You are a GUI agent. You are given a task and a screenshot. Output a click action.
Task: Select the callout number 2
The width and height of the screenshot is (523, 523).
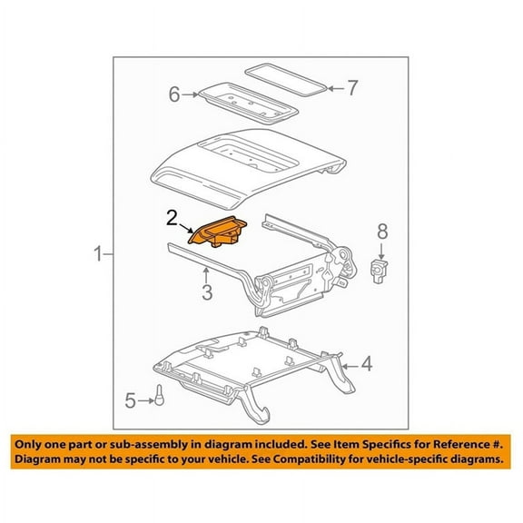pyautogui.click(x=172, y=218)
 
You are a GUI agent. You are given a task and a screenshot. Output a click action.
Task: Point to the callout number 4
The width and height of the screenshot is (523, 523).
pyautogui.click(x=366, y=365)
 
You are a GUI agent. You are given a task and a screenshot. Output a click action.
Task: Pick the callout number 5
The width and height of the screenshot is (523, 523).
pyautogui.click(x=131, y=399)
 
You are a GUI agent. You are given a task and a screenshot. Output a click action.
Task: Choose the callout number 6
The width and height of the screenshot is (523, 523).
pyautogui.click(x=174, y=94)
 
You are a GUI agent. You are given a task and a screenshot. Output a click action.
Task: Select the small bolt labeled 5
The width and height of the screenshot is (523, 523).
pyautogui.click(x=157, y=396)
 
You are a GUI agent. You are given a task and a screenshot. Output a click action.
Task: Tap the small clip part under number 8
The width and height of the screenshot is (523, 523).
pyautogui.click(x=382, y=267)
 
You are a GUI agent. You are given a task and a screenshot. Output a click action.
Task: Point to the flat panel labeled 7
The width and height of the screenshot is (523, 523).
pyautogui.click(x=286, y=77)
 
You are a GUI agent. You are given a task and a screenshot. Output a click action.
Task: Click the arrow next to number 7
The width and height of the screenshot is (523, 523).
pyautogui.click(x=334, y=88)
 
